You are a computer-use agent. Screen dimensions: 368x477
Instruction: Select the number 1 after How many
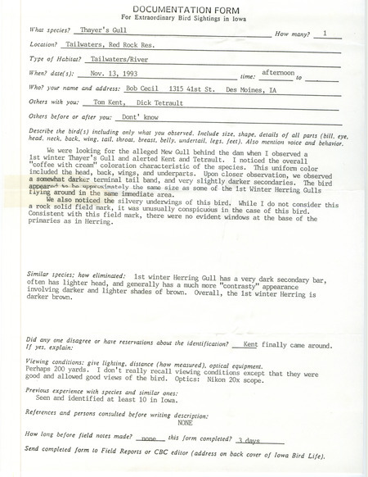coord(326,34)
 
